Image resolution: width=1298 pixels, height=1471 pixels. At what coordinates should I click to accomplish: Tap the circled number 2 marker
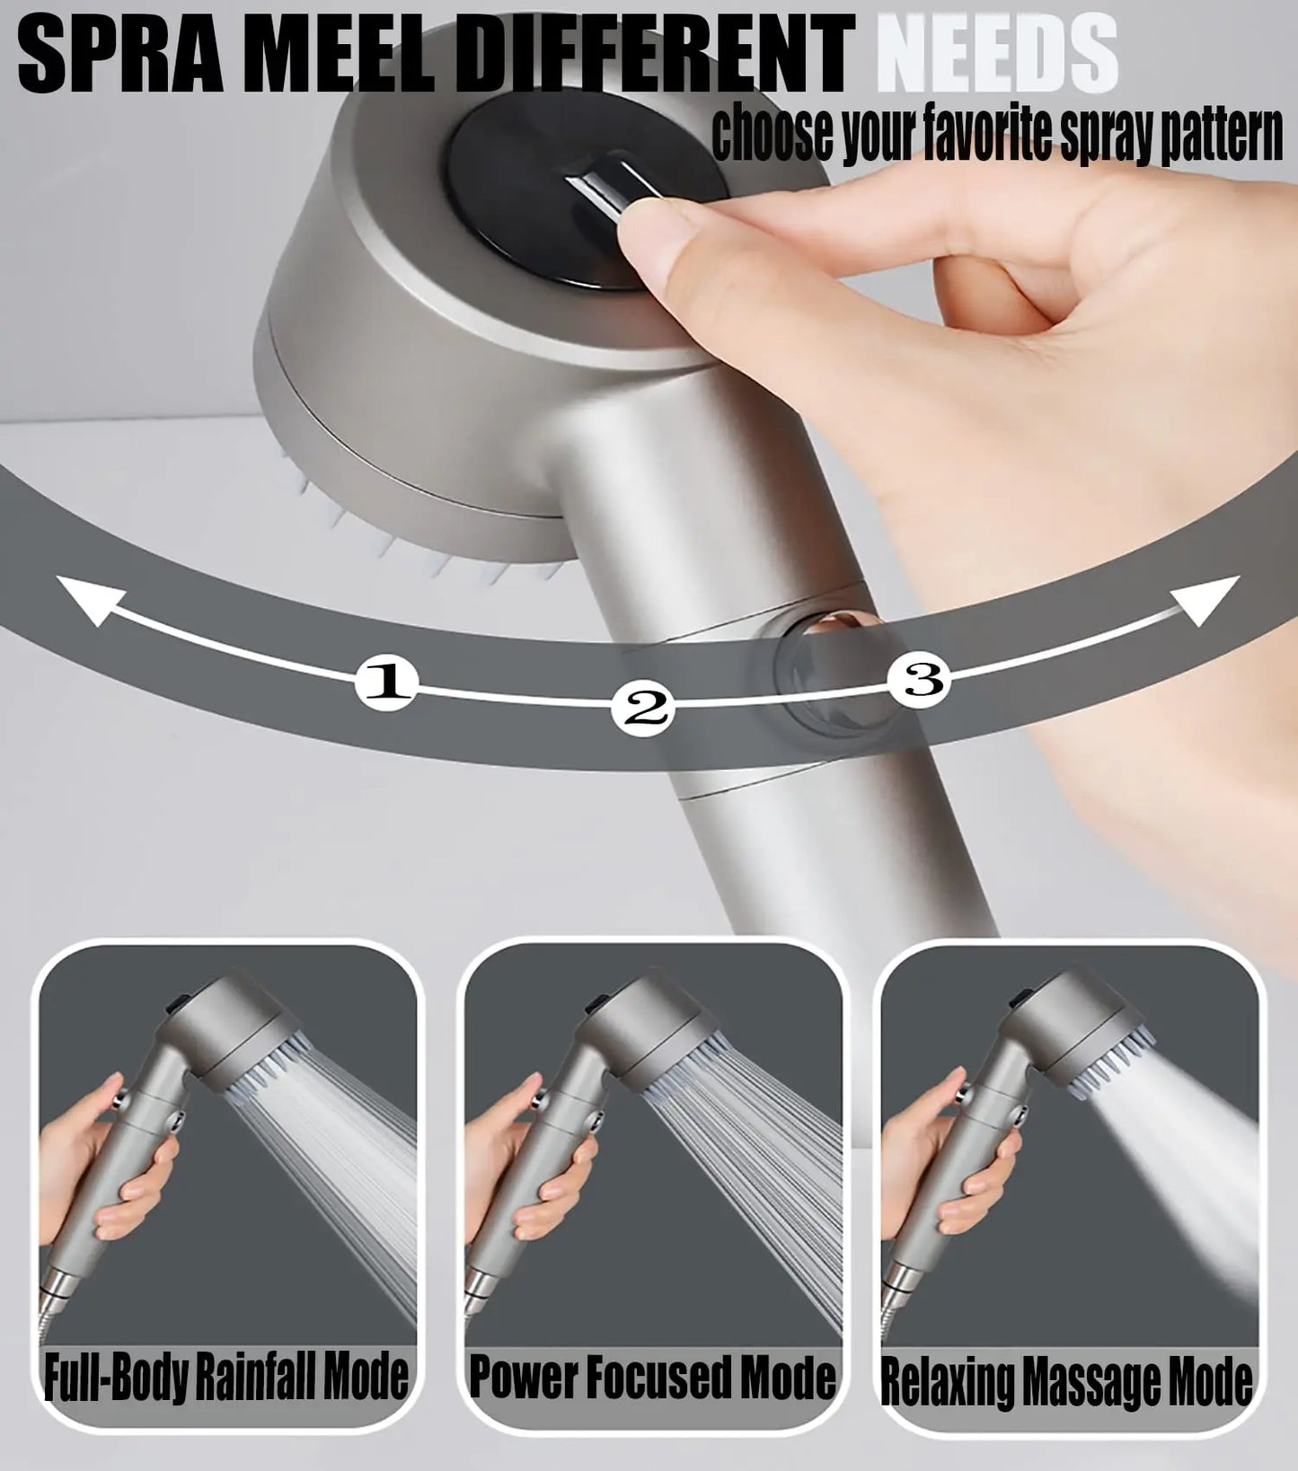pos(641,709)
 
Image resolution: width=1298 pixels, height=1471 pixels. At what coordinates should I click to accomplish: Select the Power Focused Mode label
pos(652,1376)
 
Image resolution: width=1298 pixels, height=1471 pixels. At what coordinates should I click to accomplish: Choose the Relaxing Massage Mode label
pos(1065,1381)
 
